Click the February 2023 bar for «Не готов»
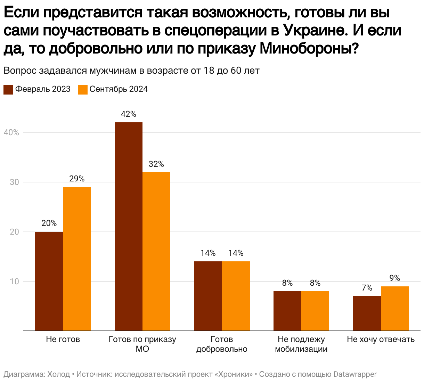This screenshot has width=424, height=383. click(x=49, y=281)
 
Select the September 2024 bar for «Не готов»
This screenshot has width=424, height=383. click(x=77, y=259)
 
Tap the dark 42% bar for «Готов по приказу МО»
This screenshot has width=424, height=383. click(x=129, y=226)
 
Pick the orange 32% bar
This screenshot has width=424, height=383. click(x=156, y=251)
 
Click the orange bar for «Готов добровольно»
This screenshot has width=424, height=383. click(x=236, y=296)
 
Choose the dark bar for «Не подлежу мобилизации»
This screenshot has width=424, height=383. click(x=287, y=311)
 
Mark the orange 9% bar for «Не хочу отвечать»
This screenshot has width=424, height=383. click(x=395, y=308)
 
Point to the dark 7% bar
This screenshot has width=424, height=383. click(x=367, y=313)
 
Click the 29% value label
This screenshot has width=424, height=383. click(x=77, y=179)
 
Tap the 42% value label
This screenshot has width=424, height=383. click(x=129, y=114)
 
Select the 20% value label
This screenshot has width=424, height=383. click(x=49, y=223)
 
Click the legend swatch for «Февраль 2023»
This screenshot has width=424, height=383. click(x=8, y=89)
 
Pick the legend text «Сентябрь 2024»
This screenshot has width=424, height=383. click(x=119, y=89)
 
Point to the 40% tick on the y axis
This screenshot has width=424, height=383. click(x=11, y=133)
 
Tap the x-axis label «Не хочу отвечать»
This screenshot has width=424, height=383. click(x=381, y=340)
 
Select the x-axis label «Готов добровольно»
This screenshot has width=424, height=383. click(x=222, y=344)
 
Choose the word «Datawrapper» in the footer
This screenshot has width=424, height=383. click(x=355, y=374)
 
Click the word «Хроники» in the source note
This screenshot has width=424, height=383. click(x=234, y=374)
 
